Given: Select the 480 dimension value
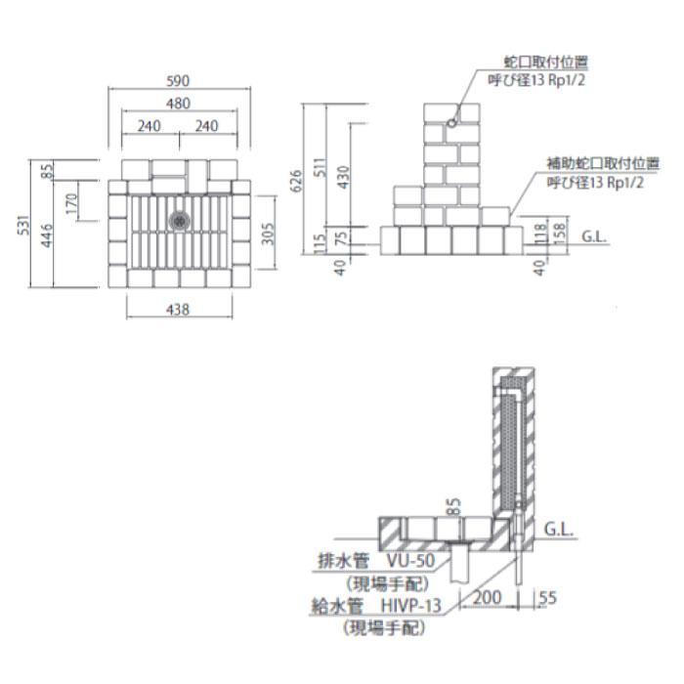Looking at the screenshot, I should (178, 104).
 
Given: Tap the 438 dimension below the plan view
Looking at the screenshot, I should (178, 310).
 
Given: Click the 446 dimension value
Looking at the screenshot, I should (48, 235).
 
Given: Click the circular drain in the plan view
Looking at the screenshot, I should (179, 220).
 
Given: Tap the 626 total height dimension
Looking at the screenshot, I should (296, 181).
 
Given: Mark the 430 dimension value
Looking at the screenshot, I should (342, 176).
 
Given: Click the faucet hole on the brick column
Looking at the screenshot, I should (451, 123).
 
